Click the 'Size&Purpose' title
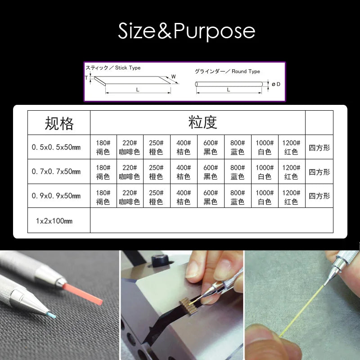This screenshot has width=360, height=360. (x=186, y=31)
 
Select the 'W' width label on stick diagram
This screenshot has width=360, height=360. (x=173, y=77)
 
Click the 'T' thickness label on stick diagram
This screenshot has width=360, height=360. (x=86, y=78)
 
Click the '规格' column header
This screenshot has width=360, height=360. (x=59, y=123)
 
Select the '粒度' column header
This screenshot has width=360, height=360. (x=202, y=122)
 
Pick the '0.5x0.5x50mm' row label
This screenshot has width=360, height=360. (x=56, y=147)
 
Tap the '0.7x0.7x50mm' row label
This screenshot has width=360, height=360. (x=56, y=171)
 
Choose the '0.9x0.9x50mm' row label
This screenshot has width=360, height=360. (x=56, y=196)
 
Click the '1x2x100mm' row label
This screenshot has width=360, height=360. (x=54, y=221)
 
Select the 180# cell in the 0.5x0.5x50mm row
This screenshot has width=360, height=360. (x=103, y=147)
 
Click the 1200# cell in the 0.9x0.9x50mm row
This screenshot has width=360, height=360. (x=291, y=196)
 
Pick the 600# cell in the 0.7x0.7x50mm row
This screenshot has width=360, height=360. (x=210, y=171)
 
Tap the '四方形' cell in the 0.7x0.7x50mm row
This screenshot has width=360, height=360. (x=319, y=172)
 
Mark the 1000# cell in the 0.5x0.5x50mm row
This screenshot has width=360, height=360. (x=264, y=147)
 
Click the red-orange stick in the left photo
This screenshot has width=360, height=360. (x=85, y=292)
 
